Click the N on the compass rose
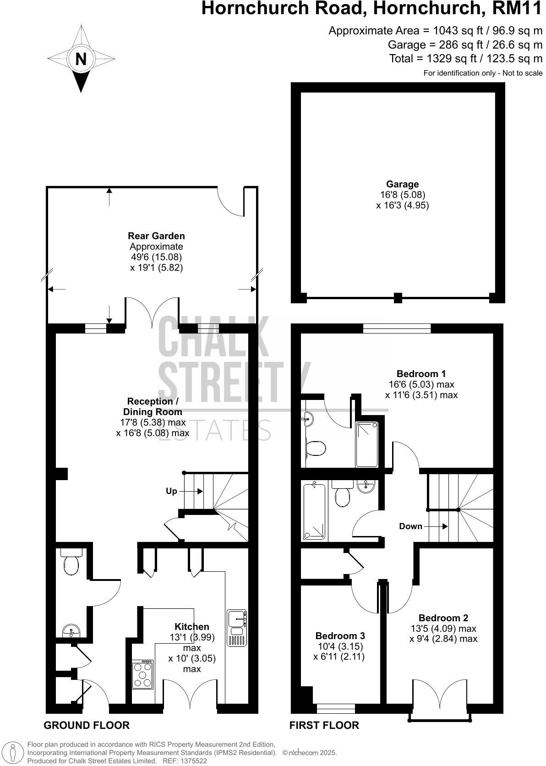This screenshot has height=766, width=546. tap(81, 60)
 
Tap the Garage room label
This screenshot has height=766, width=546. tap(402, 184)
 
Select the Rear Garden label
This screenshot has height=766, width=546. tap(156, 236)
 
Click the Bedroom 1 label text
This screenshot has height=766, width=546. tap(421, 373)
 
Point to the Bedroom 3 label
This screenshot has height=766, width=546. tap(340, 636)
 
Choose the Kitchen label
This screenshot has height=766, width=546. tap(192, 626)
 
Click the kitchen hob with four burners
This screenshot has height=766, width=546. tap(142, 674)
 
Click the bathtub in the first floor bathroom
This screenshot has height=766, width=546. tap(314, 511)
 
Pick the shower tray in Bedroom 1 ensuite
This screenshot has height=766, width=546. tap(367, 443)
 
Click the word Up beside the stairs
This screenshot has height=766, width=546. tap(171, 491)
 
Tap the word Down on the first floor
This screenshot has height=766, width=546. tap(410, 526)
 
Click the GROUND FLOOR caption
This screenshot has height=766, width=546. tap(87, 725)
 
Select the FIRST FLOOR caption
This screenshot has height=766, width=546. tap(324, 725)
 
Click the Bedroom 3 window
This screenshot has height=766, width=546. tap(335, 708)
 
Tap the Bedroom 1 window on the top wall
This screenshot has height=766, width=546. tap(397, 328)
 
